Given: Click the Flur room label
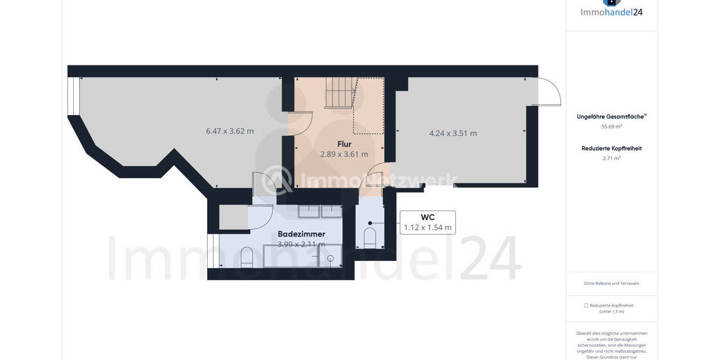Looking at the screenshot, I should click(344, 144).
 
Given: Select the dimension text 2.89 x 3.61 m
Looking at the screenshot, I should click(344, 154).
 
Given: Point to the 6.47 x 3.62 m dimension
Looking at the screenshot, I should click(229, 131).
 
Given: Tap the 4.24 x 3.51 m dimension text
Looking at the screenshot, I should click(452, 133).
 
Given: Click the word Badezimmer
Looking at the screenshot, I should click(301, 234).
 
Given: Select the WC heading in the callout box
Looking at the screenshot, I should click(427, 217).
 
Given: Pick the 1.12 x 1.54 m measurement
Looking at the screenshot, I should click(427, 227).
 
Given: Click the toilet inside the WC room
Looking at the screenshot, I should click(370, 238).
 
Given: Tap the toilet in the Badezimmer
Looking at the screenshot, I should click(246, 258).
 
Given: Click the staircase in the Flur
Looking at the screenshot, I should click(340, 93).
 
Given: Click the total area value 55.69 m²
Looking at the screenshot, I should click(611, 127).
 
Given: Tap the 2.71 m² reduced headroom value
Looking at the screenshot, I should click(611, 158).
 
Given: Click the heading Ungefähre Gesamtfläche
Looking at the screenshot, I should click(610, 117).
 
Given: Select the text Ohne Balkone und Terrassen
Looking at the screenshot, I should click(611, 283).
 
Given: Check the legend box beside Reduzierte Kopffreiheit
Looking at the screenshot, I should click(586, 305).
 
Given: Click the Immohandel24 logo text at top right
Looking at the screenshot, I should click(611, 11).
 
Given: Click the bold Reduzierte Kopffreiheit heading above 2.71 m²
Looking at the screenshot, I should click(611, 148).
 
